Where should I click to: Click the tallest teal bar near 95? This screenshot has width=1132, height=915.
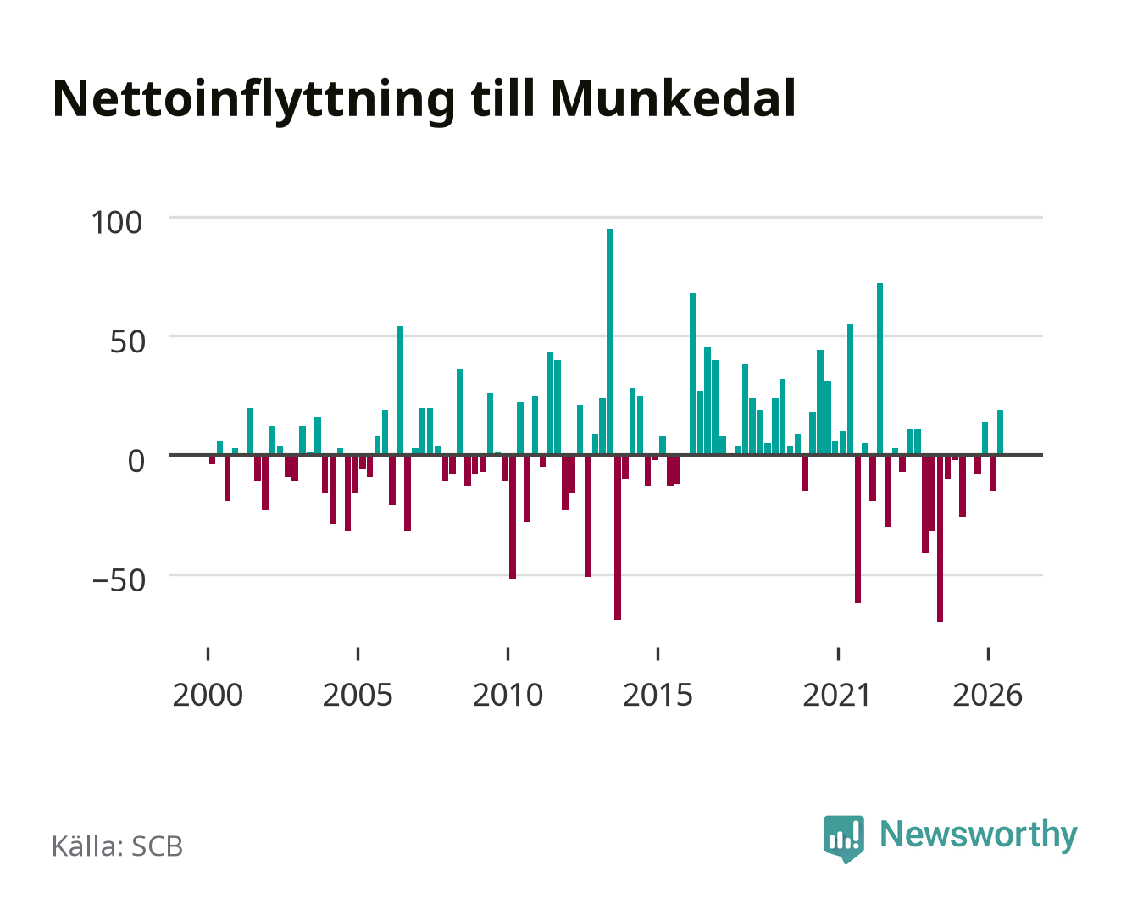pos(609,341)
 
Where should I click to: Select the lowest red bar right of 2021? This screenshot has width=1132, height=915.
pos(940,538)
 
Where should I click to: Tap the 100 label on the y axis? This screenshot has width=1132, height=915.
pos(116,222)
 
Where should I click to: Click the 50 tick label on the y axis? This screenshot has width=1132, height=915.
pos(128,341)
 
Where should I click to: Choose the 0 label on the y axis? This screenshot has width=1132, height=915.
pos(136,461)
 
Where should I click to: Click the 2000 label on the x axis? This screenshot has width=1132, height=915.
pos(208,695)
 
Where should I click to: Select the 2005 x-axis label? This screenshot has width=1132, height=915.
pos(358,695)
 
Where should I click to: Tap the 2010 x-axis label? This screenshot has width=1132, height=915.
pos(508,695)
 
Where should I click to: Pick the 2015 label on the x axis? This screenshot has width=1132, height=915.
pos(658,695)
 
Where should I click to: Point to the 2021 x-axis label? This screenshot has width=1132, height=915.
pos(838,695)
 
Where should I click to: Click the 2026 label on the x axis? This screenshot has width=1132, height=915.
pos(987,695)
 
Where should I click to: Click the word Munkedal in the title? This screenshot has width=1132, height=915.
pos(674,99)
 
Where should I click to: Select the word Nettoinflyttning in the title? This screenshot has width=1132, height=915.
pos(254,101)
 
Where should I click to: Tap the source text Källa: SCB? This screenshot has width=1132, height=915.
pos(118,846)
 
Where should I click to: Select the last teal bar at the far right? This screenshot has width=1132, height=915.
pos(1000,432)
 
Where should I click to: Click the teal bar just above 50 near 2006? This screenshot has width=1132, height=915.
pos(400,390)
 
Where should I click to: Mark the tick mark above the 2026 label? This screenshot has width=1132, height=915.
pos(988,653)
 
